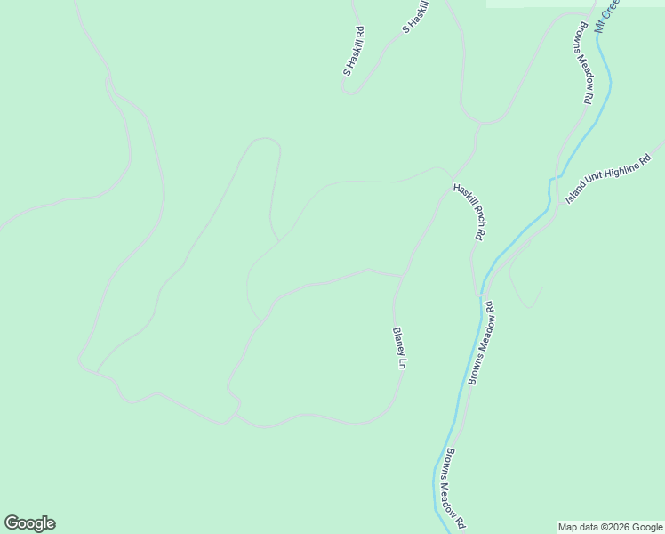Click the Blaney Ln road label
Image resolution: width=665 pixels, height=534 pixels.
point(399,348)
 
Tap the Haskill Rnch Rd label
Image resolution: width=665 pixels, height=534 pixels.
point(469,212)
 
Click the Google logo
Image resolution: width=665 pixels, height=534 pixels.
point(29,523)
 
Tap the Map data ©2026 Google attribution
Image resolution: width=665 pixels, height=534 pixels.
point(610,527)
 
